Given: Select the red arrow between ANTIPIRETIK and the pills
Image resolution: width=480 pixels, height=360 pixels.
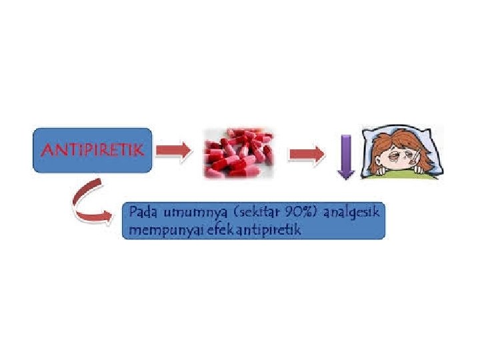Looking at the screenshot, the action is (x=173, y=151).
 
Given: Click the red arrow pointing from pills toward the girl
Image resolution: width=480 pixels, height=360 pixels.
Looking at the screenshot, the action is (x=306, y=155).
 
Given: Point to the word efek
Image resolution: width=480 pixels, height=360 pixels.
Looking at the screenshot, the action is (x=207, y=231).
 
